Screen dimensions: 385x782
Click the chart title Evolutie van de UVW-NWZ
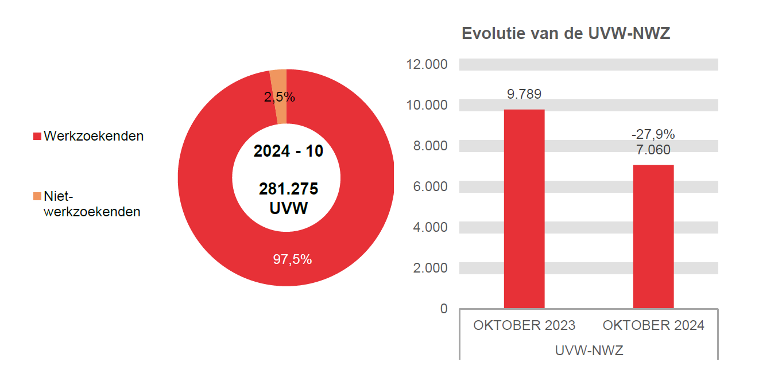tap(566, 34)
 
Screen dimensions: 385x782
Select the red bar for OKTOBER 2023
tap(524, 209)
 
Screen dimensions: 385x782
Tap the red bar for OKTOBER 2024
tap(653, 236)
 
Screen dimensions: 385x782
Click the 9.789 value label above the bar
tap(524, 94)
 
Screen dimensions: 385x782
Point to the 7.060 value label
tap(653, 150)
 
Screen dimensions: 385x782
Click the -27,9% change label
tap(653, 134)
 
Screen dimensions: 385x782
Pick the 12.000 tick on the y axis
tap(427, 64)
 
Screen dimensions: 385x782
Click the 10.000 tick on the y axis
tap(427, 105)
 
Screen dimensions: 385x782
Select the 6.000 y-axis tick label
tap(430, 186)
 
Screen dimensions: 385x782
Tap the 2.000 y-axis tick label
tap(430, 268)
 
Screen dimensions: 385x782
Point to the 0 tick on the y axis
tap(443, 309)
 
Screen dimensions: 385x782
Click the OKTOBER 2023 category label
tap(524, 325)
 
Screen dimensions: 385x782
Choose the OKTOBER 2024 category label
tap(653, 325)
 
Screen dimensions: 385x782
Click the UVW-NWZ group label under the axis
tap(589, 351)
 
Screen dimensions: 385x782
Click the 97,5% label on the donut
tap(292, 259)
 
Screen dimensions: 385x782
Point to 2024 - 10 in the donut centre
tap(288, 151)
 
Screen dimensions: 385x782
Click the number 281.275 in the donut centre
tap(288, 189)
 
